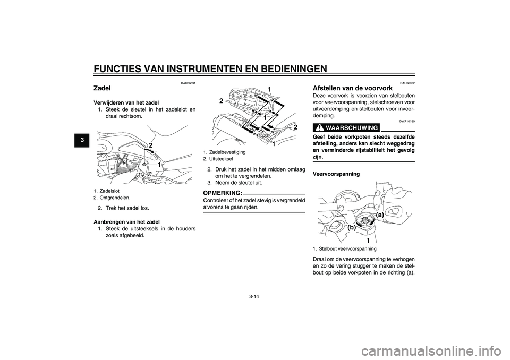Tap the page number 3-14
tap(254, 298)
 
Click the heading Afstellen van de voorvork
tap(353, 88)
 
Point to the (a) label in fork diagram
tap(377, 214)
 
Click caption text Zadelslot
tap(110, 191)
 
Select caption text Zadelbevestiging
tap(227, 152)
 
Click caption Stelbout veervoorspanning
tap(347, 248)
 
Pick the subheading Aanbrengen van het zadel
tap(126, 221)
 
